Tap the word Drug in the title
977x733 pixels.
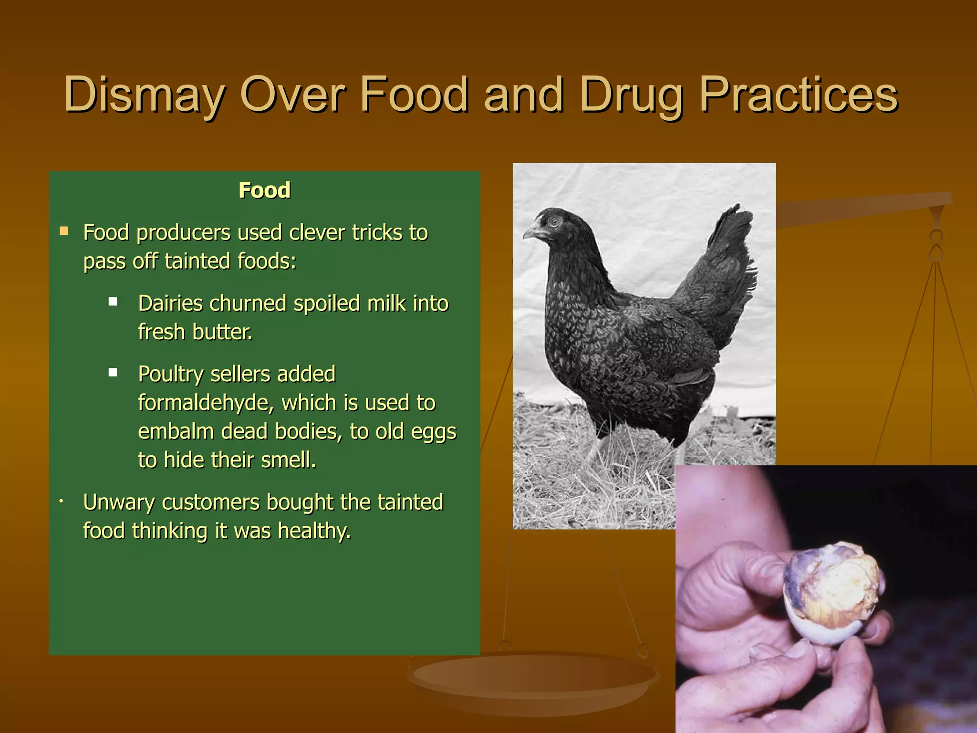click(x=632, y=95)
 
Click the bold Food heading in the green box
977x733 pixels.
click(x=264, y=190)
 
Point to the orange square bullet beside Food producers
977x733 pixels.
click(x=64, y=232)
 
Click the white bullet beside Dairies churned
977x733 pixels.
click(x=113, y=302)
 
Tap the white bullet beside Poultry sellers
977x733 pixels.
click(x=113, y=372)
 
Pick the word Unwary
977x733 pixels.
click(x=118, y=503)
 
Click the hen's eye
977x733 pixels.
click(x=554, y=221)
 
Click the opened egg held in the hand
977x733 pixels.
click(x=832, y=592)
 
